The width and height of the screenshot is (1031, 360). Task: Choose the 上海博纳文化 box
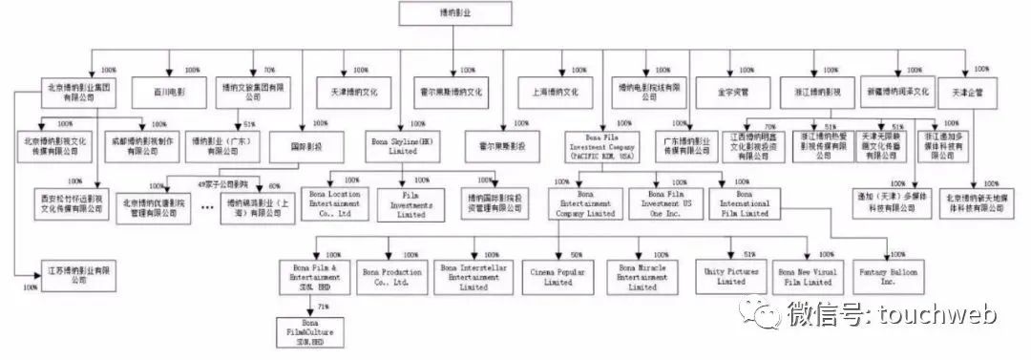[555, 92]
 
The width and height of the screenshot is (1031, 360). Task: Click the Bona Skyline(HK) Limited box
[400, 147]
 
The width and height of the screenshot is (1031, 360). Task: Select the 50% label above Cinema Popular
[577, 255]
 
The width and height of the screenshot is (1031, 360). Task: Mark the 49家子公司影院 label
[221, 182]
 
